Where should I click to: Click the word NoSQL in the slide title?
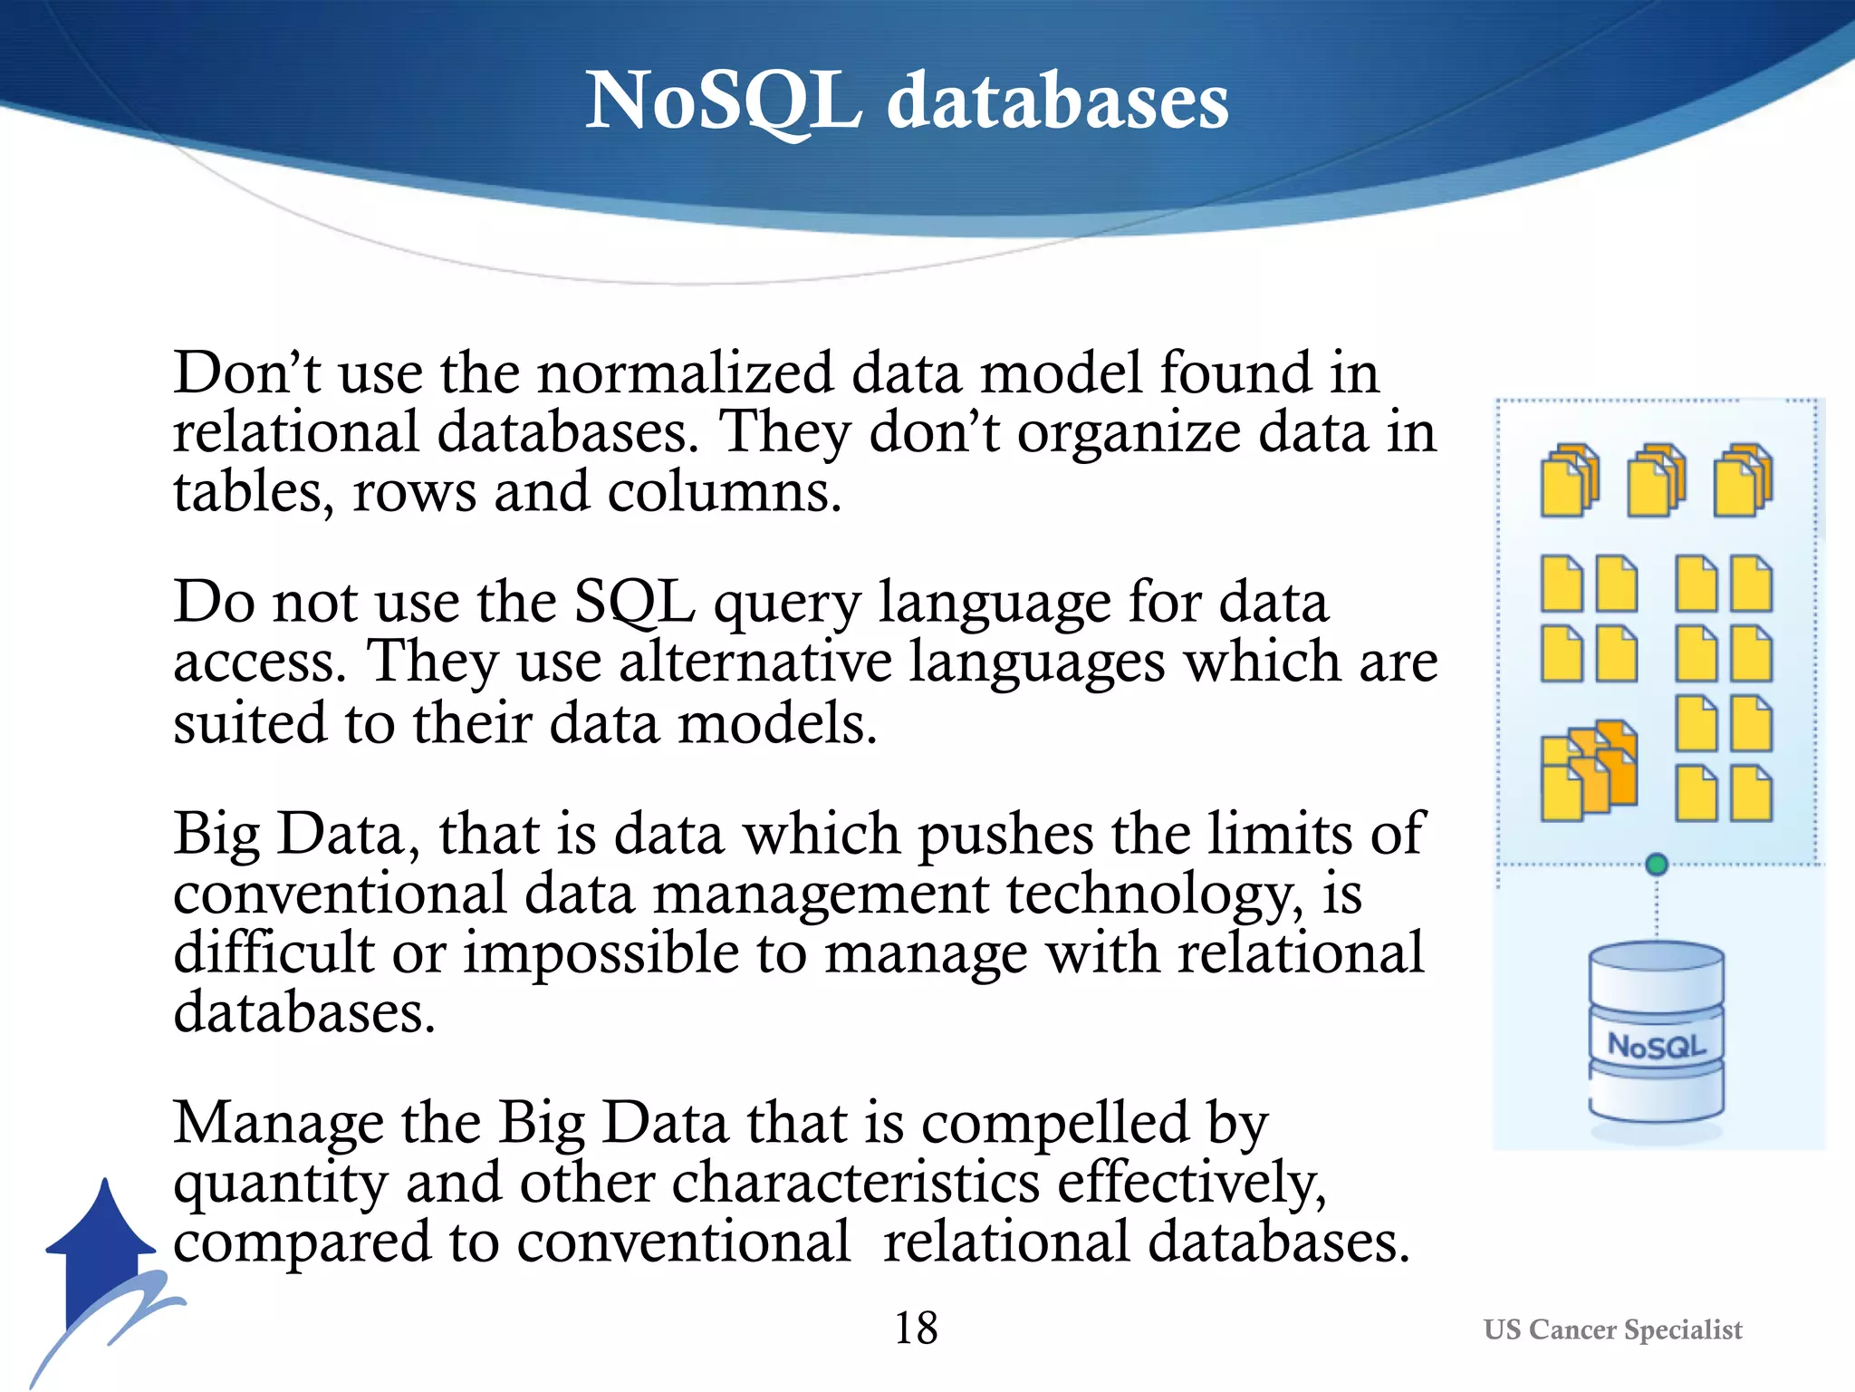click(723, 101)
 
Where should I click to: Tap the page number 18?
click(916, 1329)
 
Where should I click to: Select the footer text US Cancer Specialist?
click(1612, 1329)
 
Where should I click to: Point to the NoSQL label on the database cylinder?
click(1656, 1046)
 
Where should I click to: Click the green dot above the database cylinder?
click(1657, 864)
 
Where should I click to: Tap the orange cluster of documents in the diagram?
click(1589, 770)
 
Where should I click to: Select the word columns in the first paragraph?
click(723, 493)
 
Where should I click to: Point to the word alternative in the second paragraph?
click(754, 662)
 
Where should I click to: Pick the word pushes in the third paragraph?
click(1005, 835)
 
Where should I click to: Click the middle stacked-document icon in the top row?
click(1656, 479)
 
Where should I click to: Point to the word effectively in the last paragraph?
click(1191, 1183)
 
